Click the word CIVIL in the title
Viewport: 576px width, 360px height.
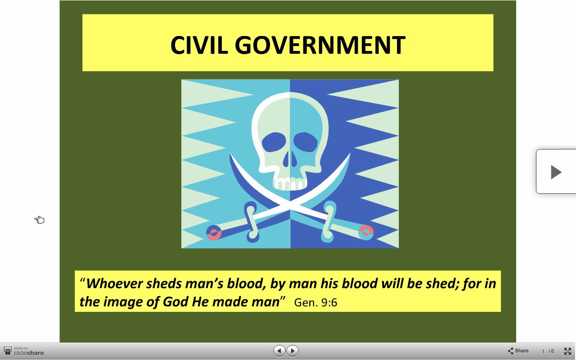[x=199, y=45]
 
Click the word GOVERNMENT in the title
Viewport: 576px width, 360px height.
[x=320, y=45]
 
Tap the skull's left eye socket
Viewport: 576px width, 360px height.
[x=274, y=142]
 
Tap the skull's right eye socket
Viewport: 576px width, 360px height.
[x=306, y=142]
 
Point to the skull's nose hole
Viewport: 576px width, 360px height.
[x=290, y=159]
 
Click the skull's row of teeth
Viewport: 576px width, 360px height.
[x=290, y=184]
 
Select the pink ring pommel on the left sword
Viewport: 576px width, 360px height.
[x=214, y=233]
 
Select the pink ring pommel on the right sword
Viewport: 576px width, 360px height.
[x=366, y=233]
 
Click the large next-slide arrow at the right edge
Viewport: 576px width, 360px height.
[x=556, y=171]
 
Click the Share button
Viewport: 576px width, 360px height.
[x=518, y=351]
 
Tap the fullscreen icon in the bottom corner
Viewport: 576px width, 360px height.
[x=567, y=351]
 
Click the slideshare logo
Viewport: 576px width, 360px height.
[x=24, y=351]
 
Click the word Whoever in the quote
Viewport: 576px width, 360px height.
[x=114, y=283]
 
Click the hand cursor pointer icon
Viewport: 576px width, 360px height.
[x=39, y=220]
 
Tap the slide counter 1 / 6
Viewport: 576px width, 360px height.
[x=548, y=351]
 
